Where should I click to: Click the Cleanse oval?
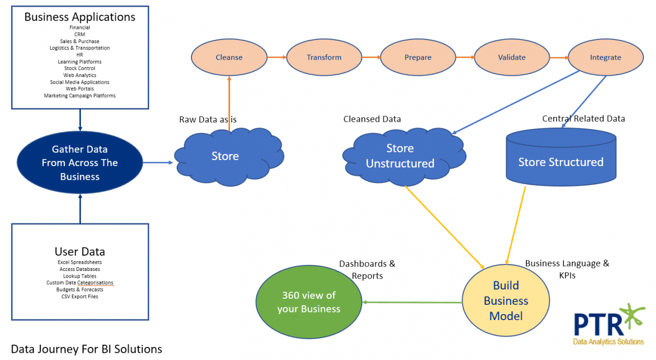click(229, 57)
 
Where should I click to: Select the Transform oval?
click(324, 57)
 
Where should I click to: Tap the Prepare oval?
click(418, 57)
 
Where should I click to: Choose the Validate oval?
click(512, 57)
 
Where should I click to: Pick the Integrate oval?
click(605, 57)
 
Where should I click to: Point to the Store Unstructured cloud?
click(400, 156)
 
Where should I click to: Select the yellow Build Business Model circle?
click(506, 301)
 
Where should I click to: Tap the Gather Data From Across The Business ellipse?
click(80, 163)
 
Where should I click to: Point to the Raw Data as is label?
click(208, 119)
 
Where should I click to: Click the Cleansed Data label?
click(372, 119)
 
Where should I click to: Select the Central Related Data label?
click(583, 119)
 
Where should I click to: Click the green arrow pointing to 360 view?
click(413, 302)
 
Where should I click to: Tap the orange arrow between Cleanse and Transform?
click(277, 57)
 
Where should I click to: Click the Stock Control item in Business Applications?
click(80, 69)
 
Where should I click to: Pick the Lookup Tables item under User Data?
click(80, 276)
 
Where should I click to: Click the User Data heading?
click(80, 252)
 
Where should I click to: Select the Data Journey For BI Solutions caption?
click(86, 349)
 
